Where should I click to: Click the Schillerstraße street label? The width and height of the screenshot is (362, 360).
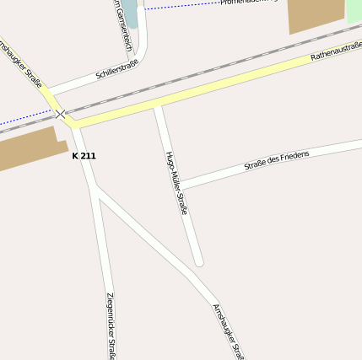[x=116, y=68]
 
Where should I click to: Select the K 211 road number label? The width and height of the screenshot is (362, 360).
[x=84, y=156]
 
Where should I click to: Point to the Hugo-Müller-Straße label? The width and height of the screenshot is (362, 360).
[x=176, y=182]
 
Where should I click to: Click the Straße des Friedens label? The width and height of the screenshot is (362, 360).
[x=277, y=160]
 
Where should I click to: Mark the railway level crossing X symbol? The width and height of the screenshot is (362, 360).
[x=61, y=114]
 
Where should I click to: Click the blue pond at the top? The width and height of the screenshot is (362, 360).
[x=131, y=15]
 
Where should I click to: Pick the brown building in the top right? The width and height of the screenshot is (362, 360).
[x=316, y=14]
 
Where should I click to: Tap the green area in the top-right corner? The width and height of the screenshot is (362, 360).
[x=354, y=10]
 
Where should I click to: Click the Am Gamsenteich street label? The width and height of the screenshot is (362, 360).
[x=122, y=25]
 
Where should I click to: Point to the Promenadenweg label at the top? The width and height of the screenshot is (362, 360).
[x=249, y=3]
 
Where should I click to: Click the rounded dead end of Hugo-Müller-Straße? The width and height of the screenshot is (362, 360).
[x=199, y=261]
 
